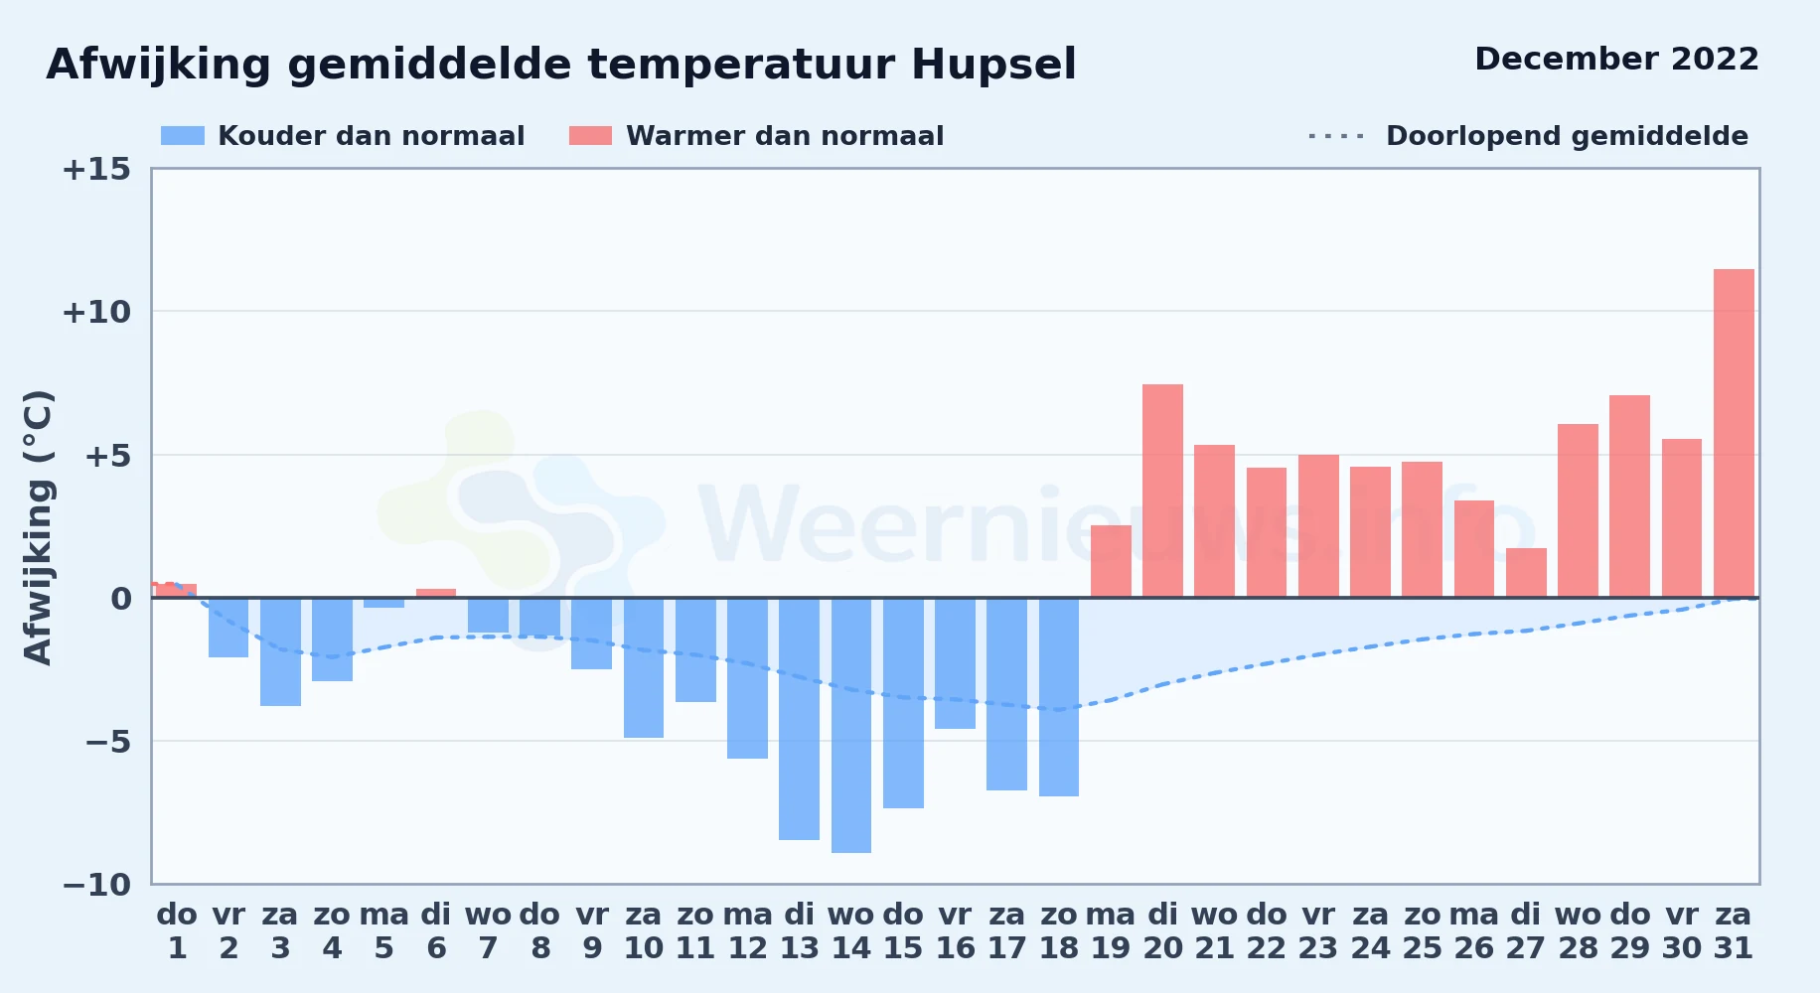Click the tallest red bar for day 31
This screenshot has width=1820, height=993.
1734,433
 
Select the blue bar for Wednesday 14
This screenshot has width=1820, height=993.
851,725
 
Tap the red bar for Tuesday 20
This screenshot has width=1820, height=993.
1162,491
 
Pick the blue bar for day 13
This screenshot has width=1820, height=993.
799,719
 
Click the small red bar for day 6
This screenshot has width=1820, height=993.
436,593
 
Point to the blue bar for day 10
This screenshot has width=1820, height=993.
644,667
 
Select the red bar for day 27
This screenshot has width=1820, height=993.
1526,573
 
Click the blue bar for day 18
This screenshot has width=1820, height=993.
1059,697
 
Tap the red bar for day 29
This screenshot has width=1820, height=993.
1629,496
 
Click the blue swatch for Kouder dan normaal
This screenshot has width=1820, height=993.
183,136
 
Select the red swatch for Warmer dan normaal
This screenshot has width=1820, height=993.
590,136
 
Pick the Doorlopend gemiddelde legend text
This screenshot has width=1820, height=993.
1567,136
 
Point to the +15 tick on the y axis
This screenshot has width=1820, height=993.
96,169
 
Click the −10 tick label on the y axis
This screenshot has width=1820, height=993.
96,884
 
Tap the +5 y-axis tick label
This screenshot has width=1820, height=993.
107,456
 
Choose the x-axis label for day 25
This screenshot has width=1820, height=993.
1422,931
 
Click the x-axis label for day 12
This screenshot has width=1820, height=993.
747,931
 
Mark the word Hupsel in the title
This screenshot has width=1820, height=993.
993,66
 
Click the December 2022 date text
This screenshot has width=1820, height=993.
1616,59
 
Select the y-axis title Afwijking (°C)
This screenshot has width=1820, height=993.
38,527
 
